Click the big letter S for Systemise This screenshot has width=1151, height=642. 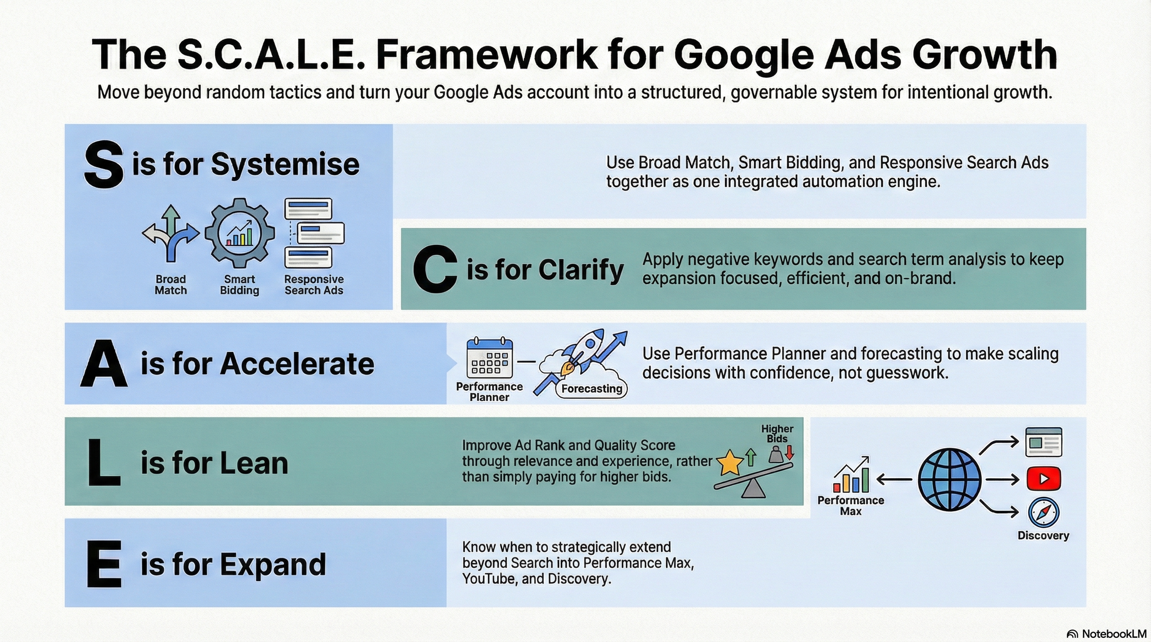104,164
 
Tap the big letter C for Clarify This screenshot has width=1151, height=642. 435,269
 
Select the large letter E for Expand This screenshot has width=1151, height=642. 104,564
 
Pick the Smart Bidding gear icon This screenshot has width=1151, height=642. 239,233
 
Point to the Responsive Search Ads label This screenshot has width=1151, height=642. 314,285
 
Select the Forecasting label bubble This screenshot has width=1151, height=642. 592,389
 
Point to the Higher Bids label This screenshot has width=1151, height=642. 777,434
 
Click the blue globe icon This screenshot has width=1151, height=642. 949,480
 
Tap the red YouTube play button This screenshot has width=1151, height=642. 1043,479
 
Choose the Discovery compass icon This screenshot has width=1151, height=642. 1043,513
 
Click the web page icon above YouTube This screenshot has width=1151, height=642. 1043,442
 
